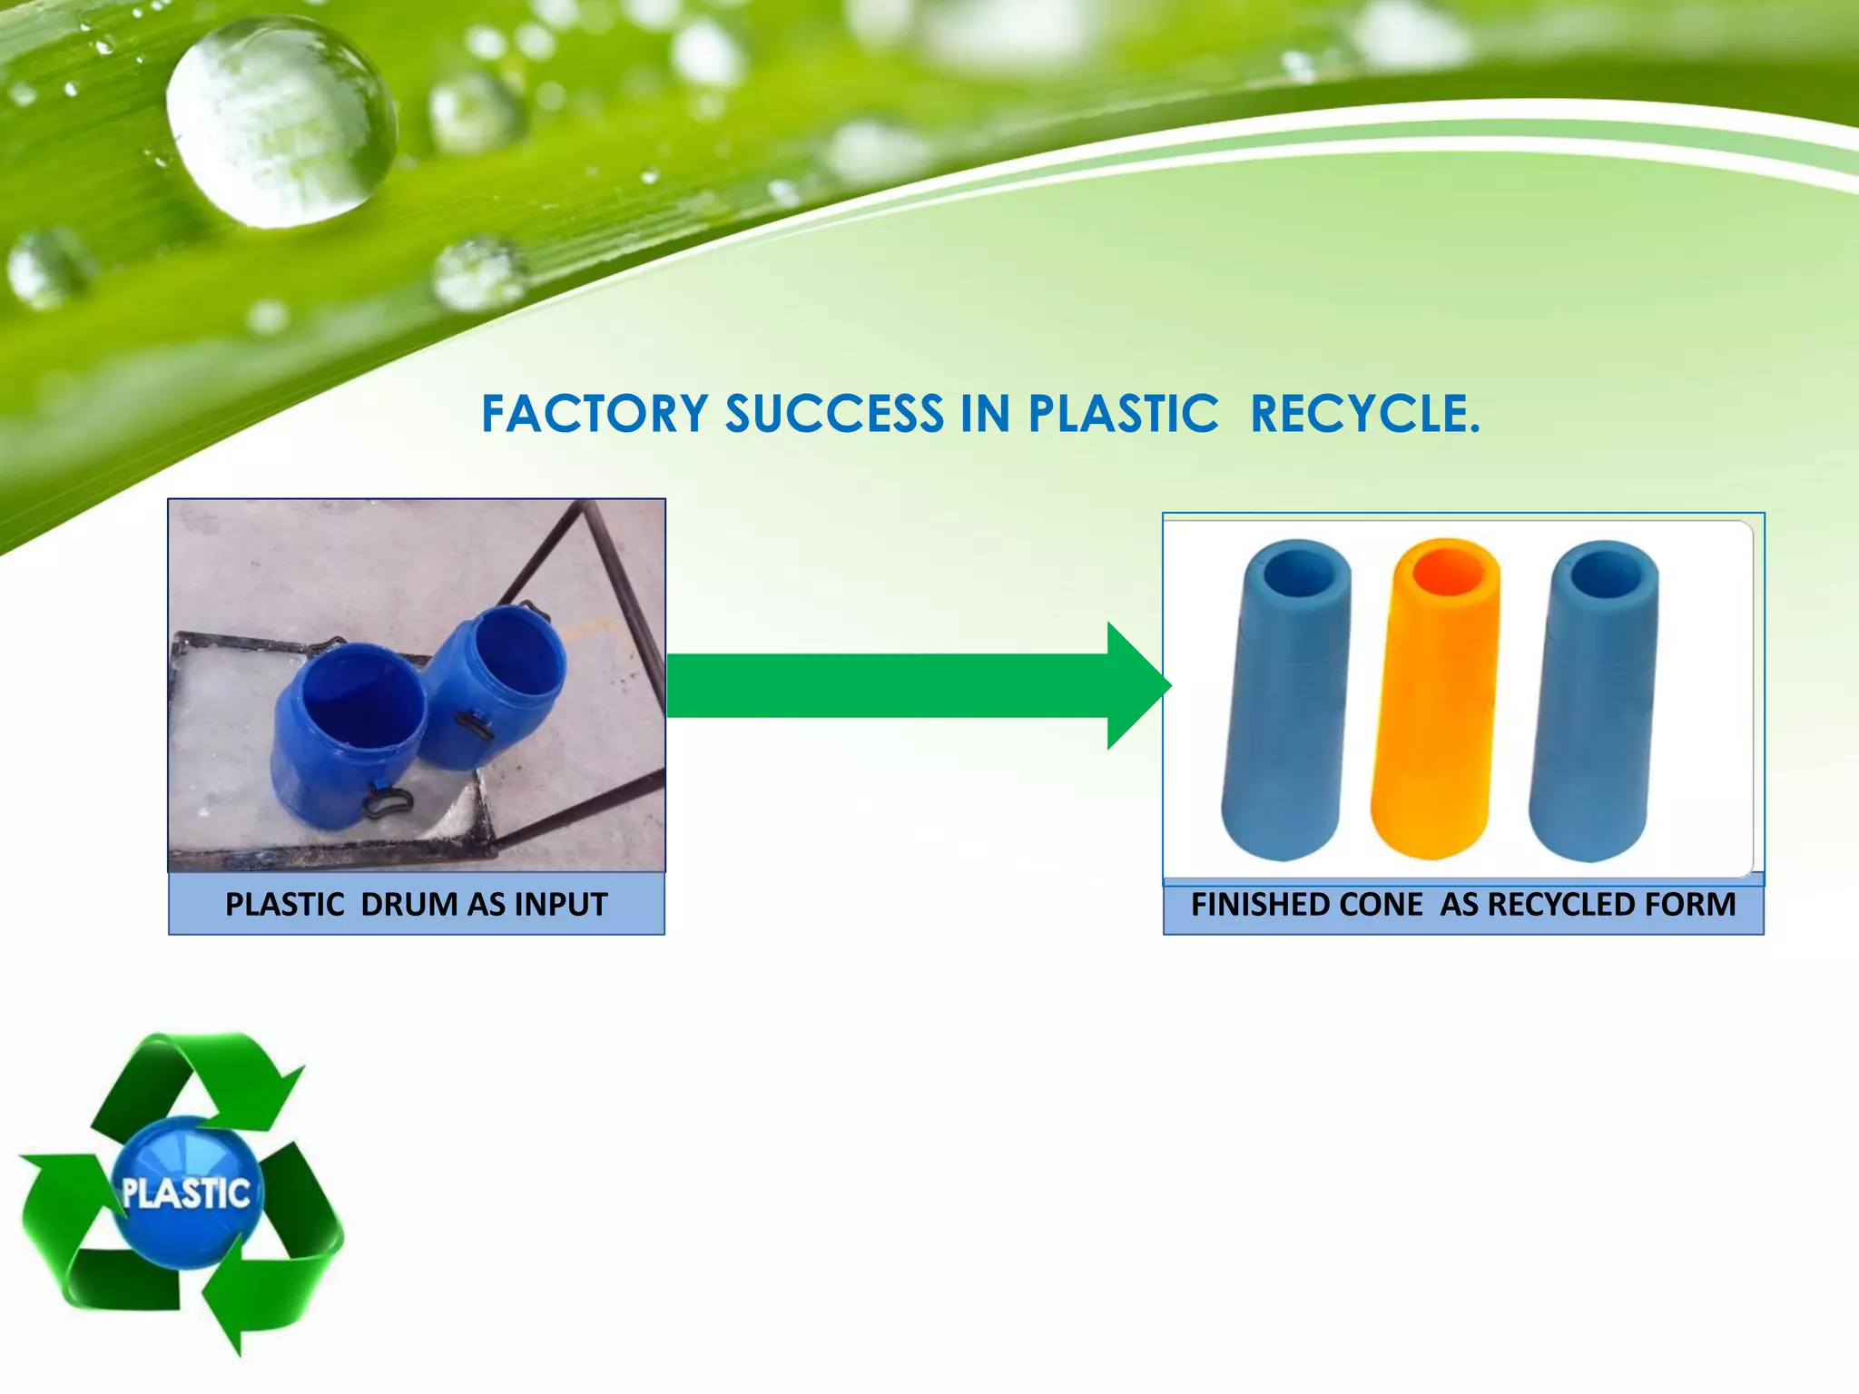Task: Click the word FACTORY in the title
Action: point(595,415)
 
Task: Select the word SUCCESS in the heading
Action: point(834,415)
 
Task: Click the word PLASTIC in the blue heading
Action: point(1123,415)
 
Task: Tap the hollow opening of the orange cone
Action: point(1446,571)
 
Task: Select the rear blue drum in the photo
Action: point(495,681)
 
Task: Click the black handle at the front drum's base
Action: point(388,802)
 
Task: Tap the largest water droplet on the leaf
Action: point(281,123)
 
